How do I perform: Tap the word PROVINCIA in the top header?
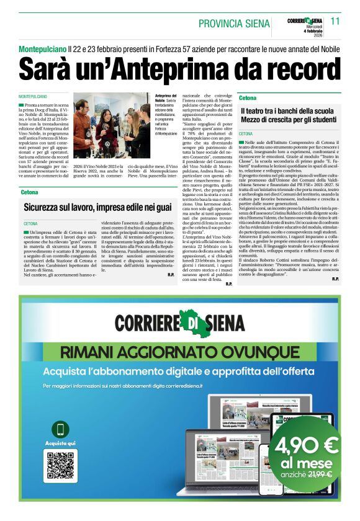tap(222, 24)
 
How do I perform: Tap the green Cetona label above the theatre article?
tap(248, 98)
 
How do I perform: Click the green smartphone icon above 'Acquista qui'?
tap(61, 429)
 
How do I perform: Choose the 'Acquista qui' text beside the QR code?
tap(61, 443)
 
